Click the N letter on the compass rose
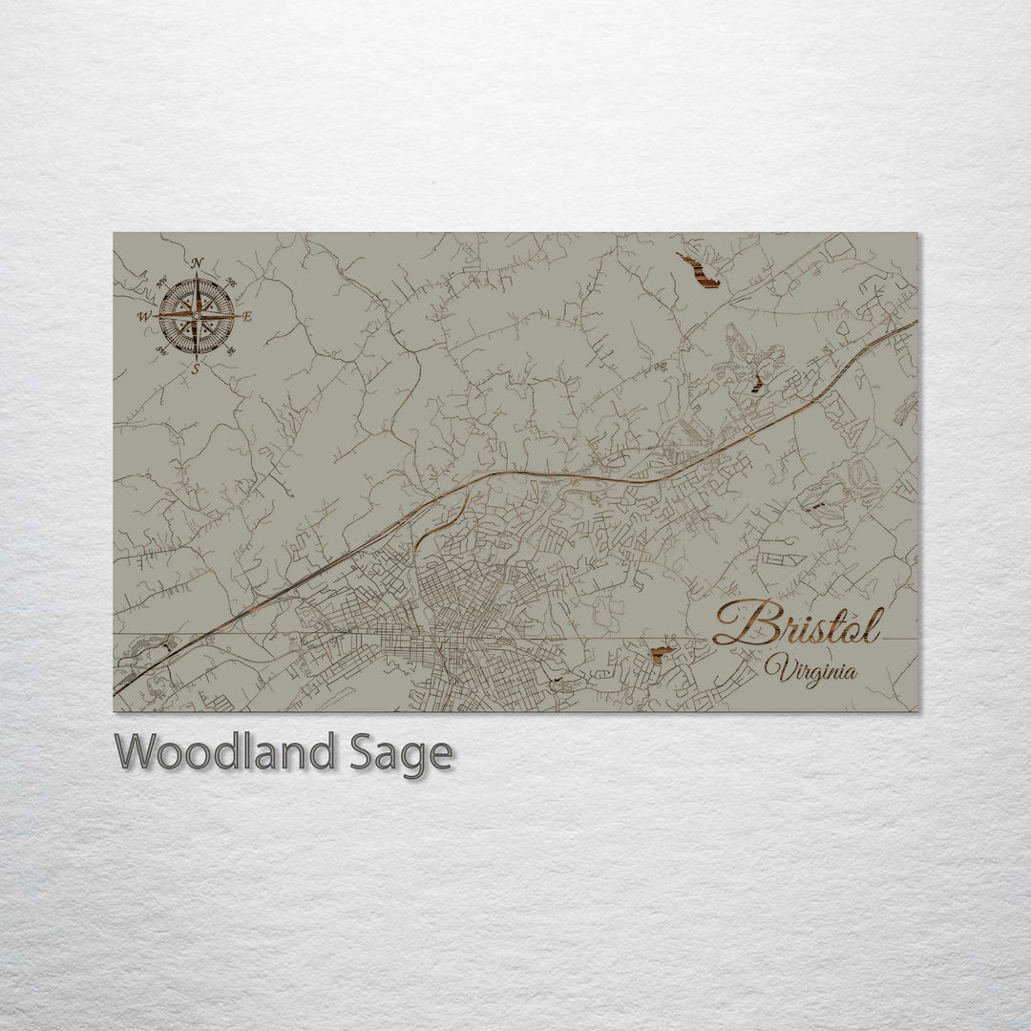[x=197, y=263]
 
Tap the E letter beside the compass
[x=246, y=317]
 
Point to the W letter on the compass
[x=144, y=316]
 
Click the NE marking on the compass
[x=230, y=282]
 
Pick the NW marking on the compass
[x=160, y=281]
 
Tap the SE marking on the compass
[x=231, y=350]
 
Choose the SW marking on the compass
[x=160, y=350]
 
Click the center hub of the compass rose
[x=197, y=315]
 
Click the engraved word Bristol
[x=796, y=624]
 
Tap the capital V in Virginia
[x=775, y=668]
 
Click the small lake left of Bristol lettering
[x=659, y=654]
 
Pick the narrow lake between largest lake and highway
[x=756, y=384]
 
